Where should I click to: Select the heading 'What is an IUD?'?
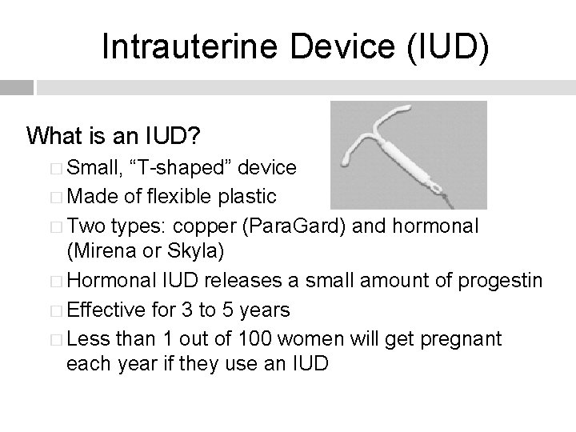[x=113, y=136]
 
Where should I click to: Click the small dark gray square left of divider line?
[x=17, y=87]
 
